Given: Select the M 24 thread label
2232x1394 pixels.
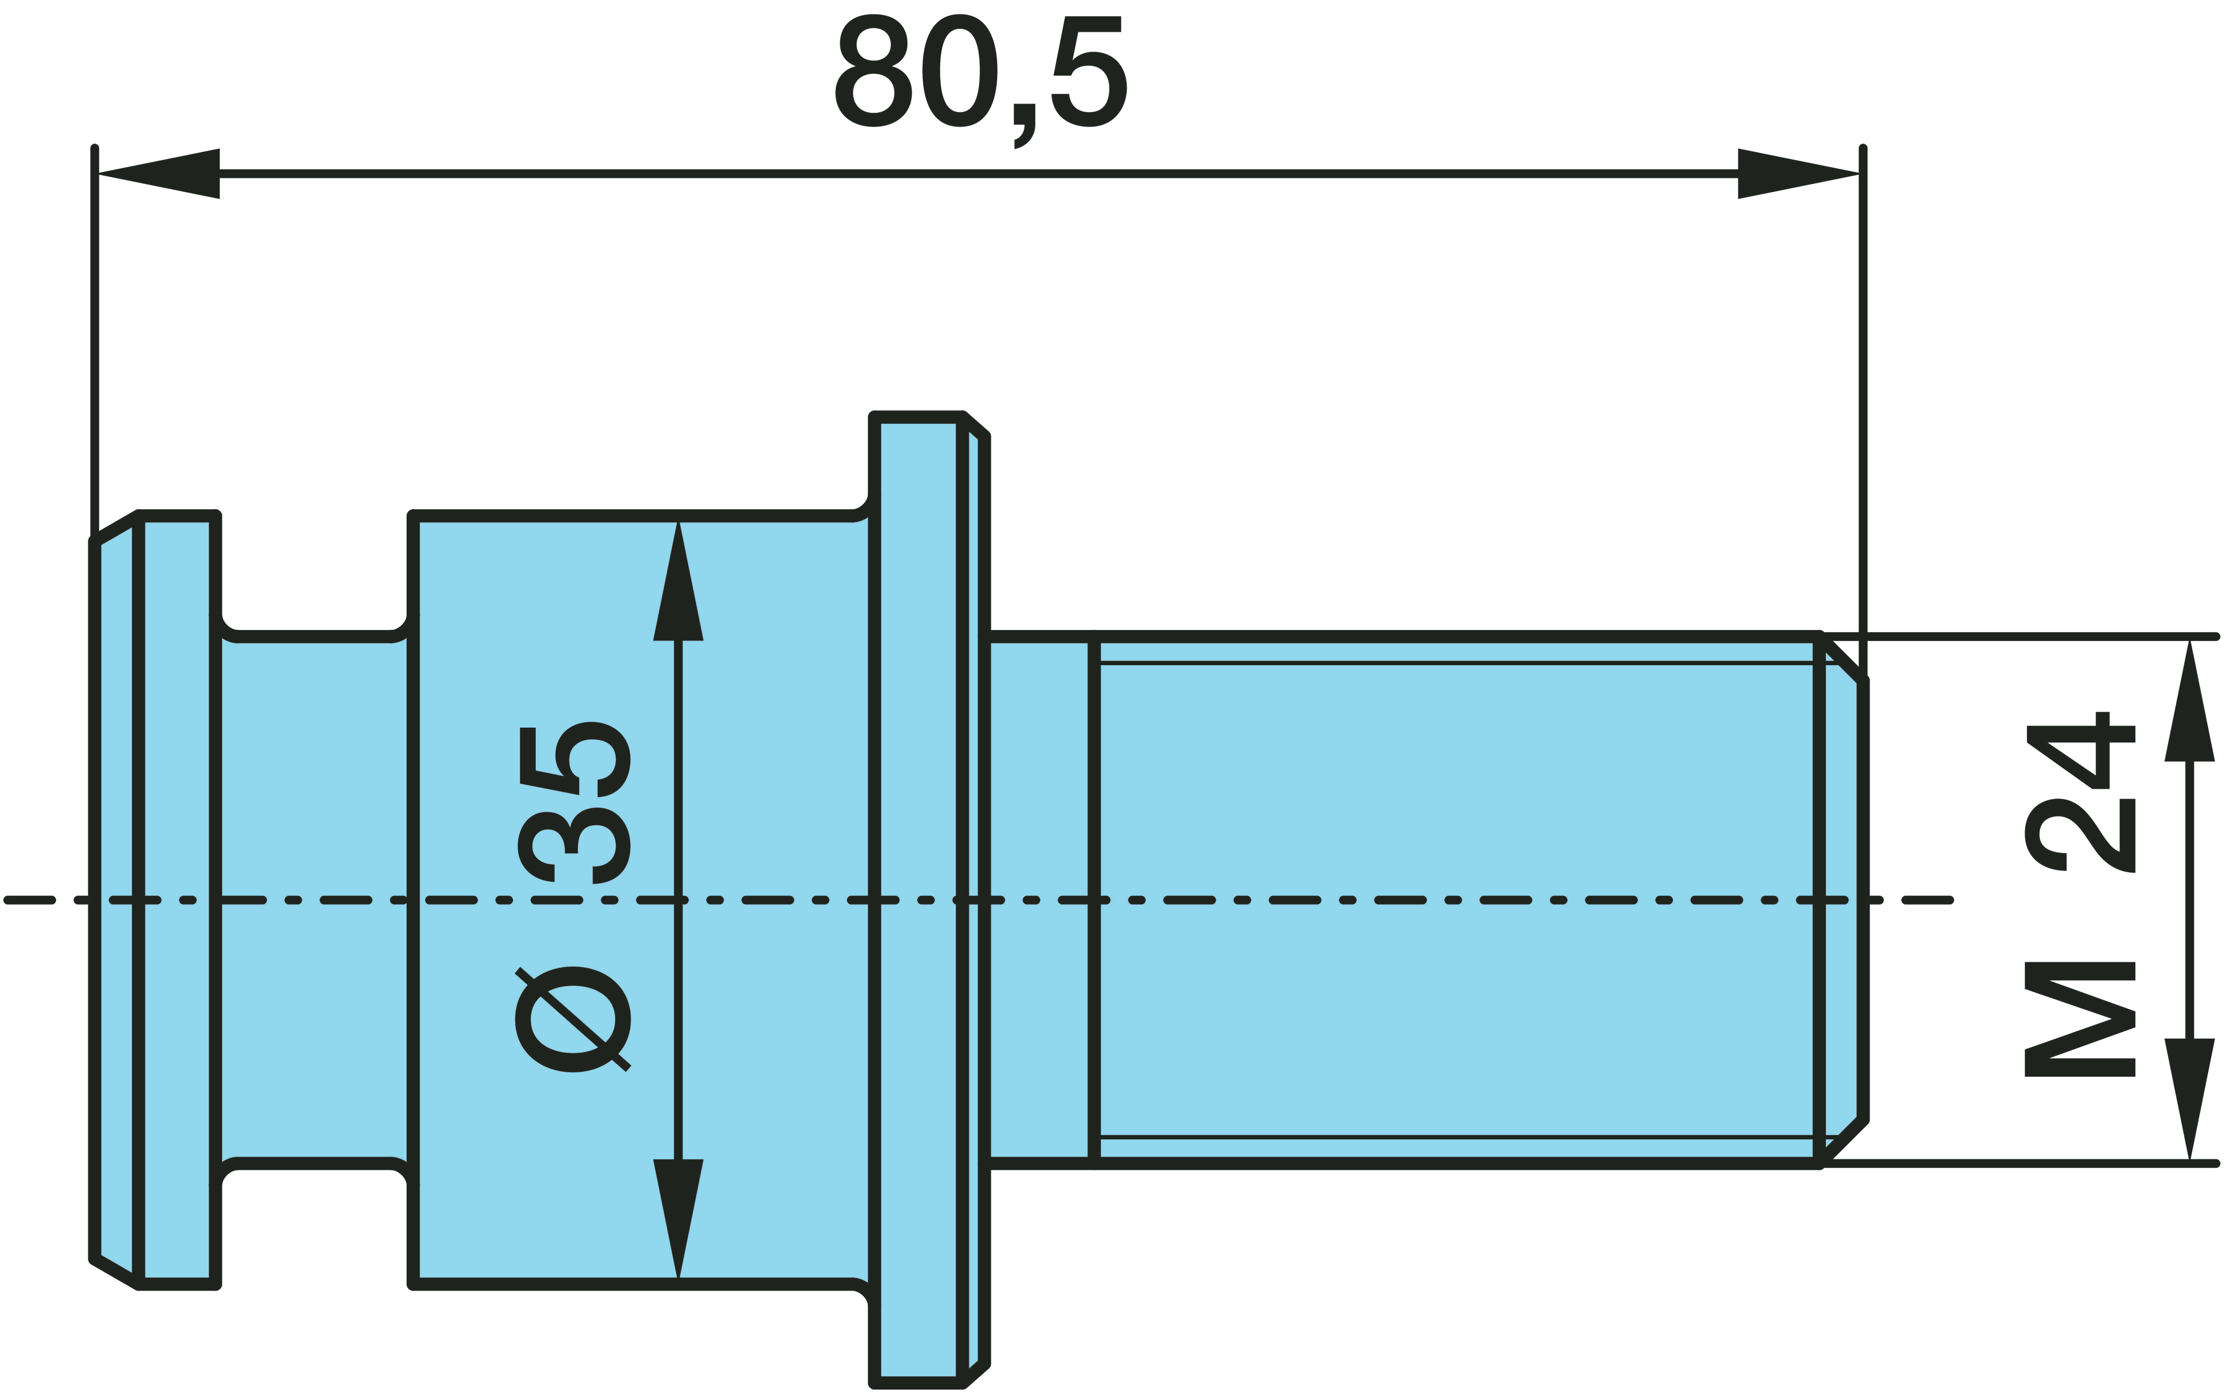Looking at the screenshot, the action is pyautogui.click(x=2081, y=894).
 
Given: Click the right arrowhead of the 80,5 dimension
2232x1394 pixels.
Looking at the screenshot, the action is pyautogui.click(x=1799, y=173).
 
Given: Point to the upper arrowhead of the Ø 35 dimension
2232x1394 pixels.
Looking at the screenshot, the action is pyautogui.click(x=678, y=581).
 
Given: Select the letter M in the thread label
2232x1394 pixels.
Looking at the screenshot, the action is pyautogui.click(x=2081, y=1020).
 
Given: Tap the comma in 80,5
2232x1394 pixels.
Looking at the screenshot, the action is pyautogui.click(x=1024, y=125).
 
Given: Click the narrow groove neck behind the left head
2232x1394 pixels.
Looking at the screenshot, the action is pyautogui.click(x=314, y=900).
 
